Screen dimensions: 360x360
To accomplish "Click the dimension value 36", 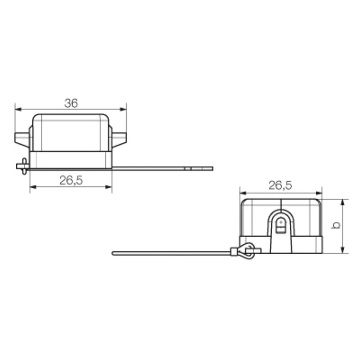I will pyautogui.click(x=71, y=103).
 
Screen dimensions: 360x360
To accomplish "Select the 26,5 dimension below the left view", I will pyautogui.click(x=71, y=180).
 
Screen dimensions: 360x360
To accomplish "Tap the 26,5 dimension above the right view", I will pyautogui.click(x=280, y=185).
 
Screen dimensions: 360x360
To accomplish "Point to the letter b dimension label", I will pyautogui.click(x=335, y=225).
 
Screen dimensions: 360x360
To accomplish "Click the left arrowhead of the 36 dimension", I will pyautogui.click(x=17, y=109).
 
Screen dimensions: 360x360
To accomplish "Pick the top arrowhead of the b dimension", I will pyautogui.click(x=343, y=201).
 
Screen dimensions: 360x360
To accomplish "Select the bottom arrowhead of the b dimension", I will pyautogui.click(x=343, y=251).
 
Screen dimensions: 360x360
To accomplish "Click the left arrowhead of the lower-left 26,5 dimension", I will pyautogui.click(x=32, y=186).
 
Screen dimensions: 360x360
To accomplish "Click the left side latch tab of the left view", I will pyautogui.click(x=21, y=139).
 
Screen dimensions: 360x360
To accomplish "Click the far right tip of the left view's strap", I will pyautogui.click(x=211, y=169).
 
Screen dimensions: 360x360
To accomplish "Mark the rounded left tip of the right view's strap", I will pyautogui.click(x=113, y=253).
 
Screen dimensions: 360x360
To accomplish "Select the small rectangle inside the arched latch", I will pyautogui.click(x=280, y=230).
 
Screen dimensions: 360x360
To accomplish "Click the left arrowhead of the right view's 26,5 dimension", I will pyautogui.click(x=242, y=191).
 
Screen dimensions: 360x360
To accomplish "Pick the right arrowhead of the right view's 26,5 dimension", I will pyautogui.click(x=320, y=191).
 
